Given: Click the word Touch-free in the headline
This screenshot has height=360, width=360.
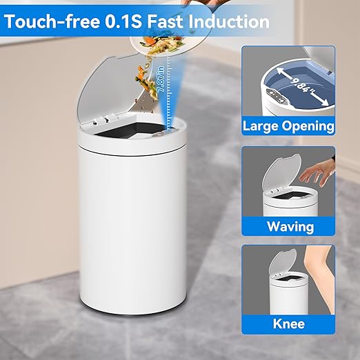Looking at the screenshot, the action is click(52, 21).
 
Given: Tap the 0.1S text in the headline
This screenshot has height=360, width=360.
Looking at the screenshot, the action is click(123, 21).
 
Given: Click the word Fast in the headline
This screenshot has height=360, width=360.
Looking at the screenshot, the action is click(165, 21).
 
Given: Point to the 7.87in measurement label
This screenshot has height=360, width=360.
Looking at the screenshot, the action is click(161, 79).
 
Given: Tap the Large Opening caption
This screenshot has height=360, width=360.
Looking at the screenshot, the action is click(288, 126).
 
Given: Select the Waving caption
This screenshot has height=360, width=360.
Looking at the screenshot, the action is click(290, 226).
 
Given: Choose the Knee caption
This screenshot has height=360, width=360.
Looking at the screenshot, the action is click(289, 323).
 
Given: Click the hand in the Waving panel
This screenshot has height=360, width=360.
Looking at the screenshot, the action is click(316, 174).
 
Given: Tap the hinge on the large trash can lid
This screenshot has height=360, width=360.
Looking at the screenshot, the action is click(105, 119).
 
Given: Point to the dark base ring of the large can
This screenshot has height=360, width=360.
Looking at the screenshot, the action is click(132, 312).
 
